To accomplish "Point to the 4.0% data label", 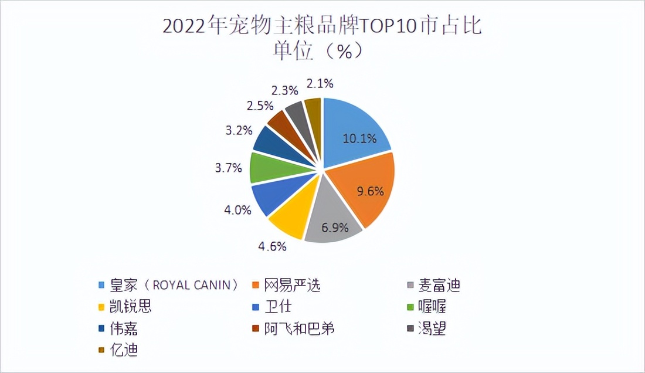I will (237, 209).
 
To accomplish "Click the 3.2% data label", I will (238, 130).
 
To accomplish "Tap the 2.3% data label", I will (285, 90).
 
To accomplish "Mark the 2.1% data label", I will (320, 84).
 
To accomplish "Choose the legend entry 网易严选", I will (294, 286).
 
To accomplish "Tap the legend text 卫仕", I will (279, 307).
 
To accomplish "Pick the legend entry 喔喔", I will (432, 307).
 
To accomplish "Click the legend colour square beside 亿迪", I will (101, 350).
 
